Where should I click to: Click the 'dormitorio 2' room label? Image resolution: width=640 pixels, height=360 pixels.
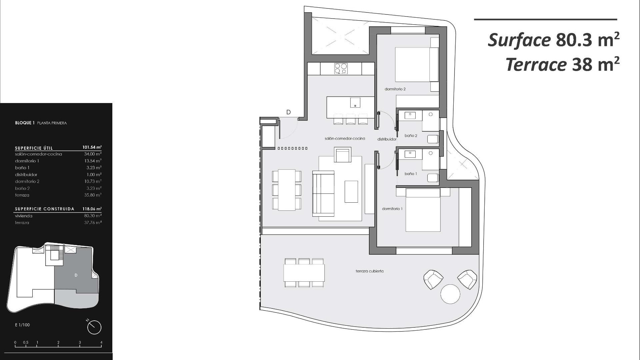click(x=395, y=89)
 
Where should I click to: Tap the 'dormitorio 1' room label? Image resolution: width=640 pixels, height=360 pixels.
click(x=392, y=209)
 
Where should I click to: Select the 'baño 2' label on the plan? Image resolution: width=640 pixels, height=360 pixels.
click(x=411, y=136)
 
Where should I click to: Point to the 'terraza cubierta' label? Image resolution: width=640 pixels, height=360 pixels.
click(x=369, y=271)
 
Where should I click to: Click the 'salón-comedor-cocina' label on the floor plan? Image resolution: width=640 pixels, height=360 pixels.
click(x=345, y=138)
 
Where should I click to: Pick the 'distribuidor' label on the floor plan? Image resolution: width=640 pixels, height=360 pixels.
click(x=387, y=139)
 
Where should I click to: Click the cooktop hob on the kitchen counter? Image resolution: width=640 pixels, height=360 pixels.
click(x=341, y=68)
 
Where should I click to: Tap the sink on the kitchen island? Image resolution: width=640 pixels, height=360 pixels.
click(x=355, y=102)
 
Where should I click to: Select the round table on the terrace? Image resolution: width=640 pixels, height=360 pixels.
click(x=450, y=294)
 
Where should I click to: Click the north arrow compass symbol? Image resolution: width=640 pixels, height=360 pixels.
click(x=94, y=327)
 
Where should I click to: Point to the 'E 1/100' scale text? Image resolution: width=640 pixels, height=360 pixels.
click(x=22, y=325)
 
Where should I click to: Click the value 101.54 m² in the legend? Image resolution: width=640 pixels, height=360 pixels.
click(x=92, y=147)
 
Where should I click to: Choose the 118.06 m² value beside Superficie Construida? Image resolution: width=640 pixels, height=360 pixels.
click(x=92, y=209)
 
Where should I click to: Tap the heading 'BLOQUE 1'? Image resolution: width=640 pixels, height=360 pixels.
click(x=25, y=123)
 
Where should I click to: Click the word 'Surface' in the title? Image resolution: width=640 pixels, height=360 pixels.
click(x=519, y=40)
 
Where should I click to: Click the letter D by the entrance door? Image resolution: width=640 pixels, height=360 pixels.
click(x=288, y=112)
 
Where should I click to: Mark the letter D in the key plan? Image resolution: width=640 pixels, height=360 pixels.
click(x=76, y=275)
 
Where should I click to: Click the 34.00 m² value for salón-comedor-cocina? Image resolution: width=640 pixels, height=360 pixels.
click(x=93, y=154)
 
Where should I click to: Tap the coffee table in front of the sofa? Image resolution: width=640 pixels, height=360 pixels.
click(x=351, y=191)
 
